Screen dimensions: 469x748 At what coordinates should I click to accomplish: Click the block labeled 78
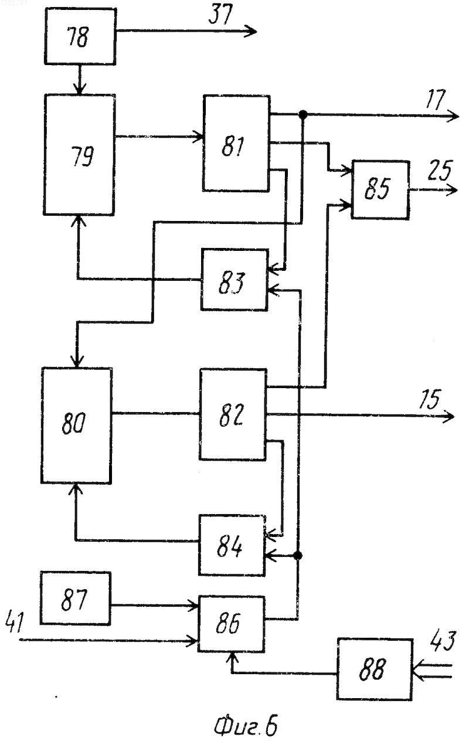(80, 36)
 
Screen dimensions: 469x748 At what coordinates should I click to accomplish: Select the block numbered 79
(80, 155)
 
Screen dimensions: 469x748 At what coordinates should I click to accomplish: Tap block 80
(76, 425)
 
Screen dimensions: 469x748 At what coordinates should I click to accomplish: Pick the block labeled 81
(236, 144)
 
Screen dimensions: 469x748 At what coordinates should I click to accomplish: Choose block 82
(233, 414)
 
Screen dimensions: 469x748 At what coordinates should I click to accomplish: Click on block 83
(235, 280)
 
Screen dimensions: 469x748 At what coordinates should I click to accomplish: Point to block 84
(232, 545)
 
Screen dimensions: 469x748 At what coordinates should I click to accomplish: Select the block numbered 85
(380, 190)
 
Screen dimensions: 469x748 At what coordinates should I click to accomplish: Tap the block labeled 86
(232, 624)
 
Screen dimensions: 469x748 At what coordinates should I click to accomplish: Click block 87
(76, 598)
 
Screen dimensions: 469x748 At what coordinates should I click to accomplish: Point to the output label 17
(436, 99)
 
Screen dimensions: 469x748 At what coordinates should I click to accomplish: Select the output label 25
(440, 171)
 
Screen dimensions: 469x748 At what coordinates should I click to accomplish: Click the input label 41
(15, 621)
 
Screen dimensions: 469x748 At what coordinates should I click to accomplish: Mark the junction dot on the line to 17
(303, 115)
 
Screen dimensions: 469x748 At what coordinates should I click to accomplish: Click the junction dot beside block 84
(298, 555)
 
